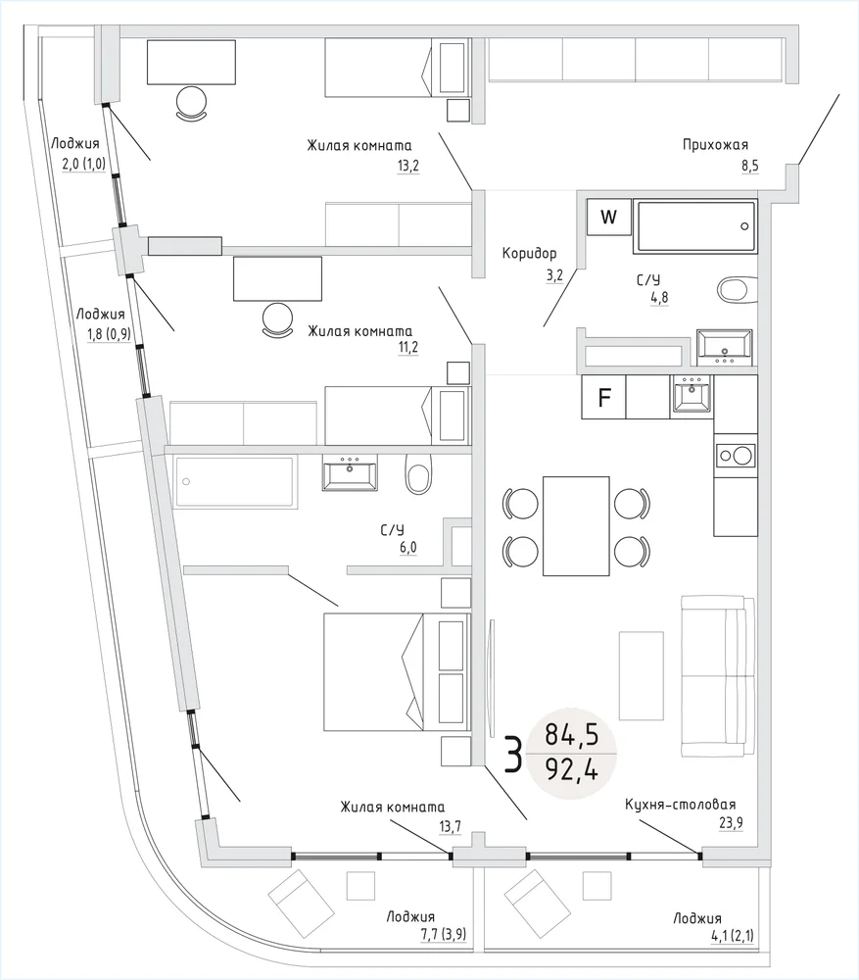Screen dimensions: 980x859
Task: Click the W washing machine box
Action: (x=608, y=217)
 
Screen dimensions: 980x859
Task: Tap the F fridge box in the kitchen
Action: (x=603, y=398)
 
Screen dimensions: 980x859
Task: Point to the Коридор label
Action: (x=529, y=252)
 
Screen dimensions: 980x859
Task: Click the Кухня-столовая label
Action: (x=680, y=805)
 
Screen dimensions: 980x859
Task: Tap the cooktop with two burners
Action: (x=735, y=455)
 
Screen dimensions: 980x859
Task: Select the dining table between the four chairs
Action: (x=576, y=525)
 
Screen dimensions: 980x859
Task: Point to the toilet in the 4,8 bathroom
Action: (x=737, y=289)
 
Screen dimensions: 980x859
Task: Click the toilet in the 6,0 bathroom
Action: (x=418, y=475)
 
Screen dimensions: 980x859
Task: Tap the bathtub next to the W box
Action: (x=695, y=226)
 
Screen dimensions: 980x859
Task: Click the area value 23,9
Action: (x=731, y=823)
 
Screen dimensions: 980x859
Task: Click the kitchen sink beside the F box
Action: (x=692, y=396)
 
